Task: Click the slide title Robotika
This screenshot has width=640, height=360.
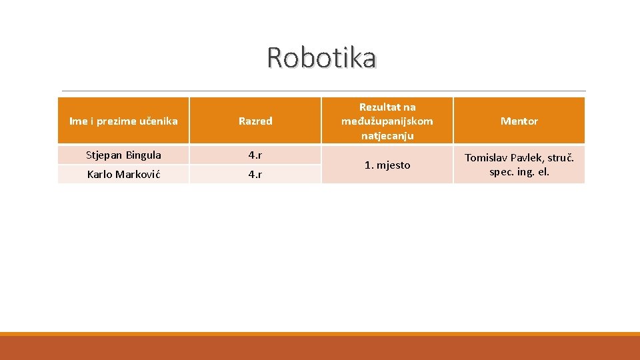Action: coord(321,58)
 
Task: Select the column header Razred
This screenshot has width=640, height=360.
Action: coord(255,121)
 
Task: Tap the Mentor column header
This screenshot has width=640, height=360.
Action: coord(519,121)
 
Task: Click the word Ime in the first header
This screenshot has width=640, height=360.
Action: coord(78,121)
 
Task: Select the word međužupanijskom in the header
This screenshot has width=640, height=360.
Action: coord(387,121)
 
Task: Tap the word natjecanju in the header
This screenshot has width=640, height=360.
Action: coord(387,136)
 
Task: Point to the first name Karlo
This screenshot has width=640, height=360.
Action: coord(100,175)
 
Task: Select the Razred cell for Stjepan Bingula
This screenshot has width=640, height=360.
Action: coord(255,155)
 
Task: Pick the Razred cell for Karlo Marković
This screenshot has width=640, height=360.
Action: coord(255,175)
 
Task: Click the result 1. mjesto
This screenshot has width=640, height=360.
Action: coord(387,165)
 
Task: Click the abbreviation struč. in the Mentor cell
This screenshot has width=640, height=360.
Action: coord(561,158)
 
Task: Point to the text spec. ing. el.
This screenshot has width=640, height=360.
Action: coord(519,172)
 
